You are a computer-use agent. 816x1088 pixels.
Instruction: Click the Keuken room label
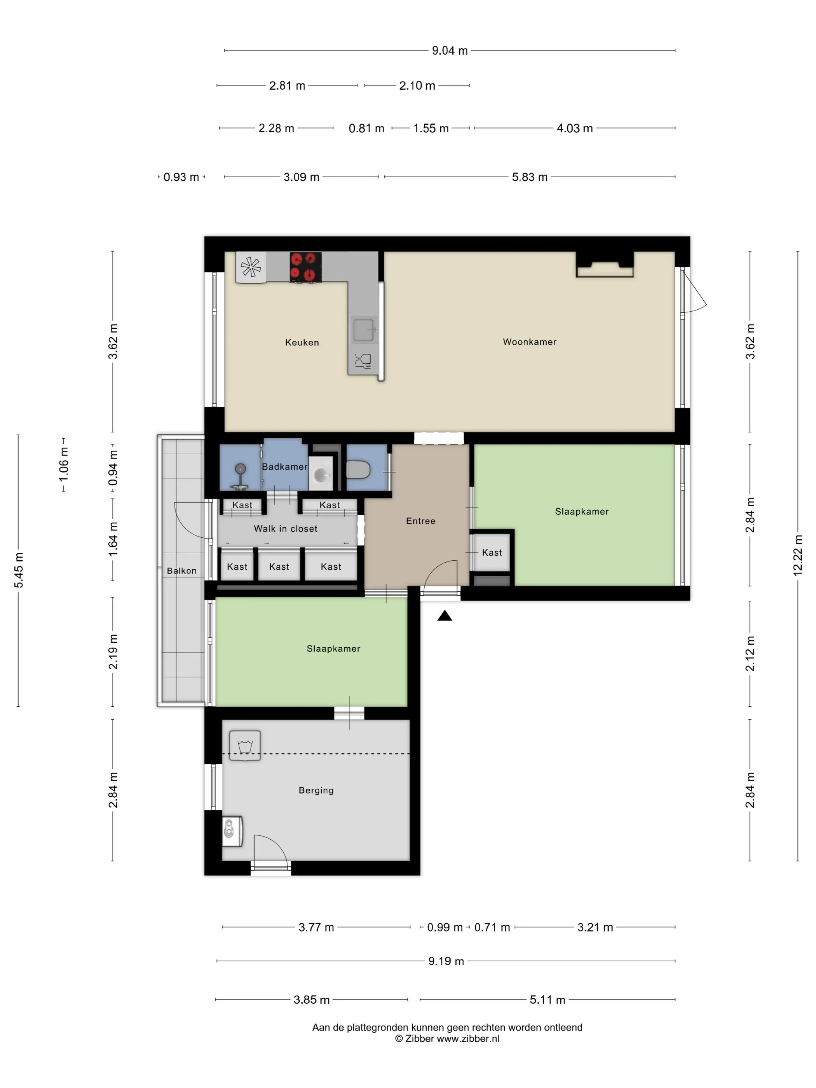tap(302, 342)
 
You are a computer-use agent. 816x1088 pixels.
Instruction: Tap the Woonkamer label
tap(529, 342)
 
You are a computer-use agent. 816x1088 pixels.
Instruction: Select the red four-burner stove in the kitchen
tap(305, 267)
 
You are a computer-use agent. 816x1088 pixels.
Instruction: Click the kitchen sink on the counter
tap(365, 330)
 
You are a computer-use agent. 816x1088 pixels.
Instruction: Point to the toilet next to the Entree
tap(358, 469)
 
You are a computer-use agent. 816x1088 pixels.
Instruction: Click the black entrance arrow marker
tap(445, 615)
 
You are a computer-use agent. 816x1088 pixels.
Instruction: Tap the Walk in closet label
tap(285, 529)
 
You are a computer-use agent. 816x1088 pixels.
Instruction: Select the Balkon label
tap(181, 570)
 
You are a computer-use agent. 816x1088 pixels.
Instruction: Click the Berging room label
tap(316, 790)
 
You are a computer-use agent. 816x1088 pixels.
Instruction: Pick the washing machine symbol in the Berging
tap(244, 746)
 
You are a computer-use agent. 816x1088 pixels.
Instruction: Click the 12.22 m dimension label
tap(797, 555)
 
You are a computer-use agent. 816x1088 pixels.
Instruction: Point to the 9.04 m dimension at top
tap(450, 51)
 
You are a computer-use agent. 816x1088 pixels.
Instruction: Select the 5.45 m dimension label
tap(19, 570)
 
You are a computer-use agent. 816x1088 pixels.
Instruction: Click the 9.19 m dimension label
tap(446, 961)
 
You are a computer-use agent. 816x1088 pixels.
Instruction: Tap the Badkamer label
tap(284, 467)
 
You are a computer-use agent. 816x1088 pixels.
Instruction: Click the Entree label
tap(420, 521)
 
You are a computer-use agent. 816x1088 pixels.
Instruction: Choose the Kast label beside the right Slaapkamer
tap(492, 553)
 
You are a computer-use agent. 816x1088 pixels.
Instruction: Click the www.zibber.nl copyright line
tap(447, 1038)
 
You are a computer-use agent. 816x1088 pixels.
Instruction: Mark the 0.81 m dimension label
tap(366, 128)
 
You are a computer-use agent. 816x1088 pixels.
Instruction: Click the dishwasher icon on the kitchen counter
tap(363, 361)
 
